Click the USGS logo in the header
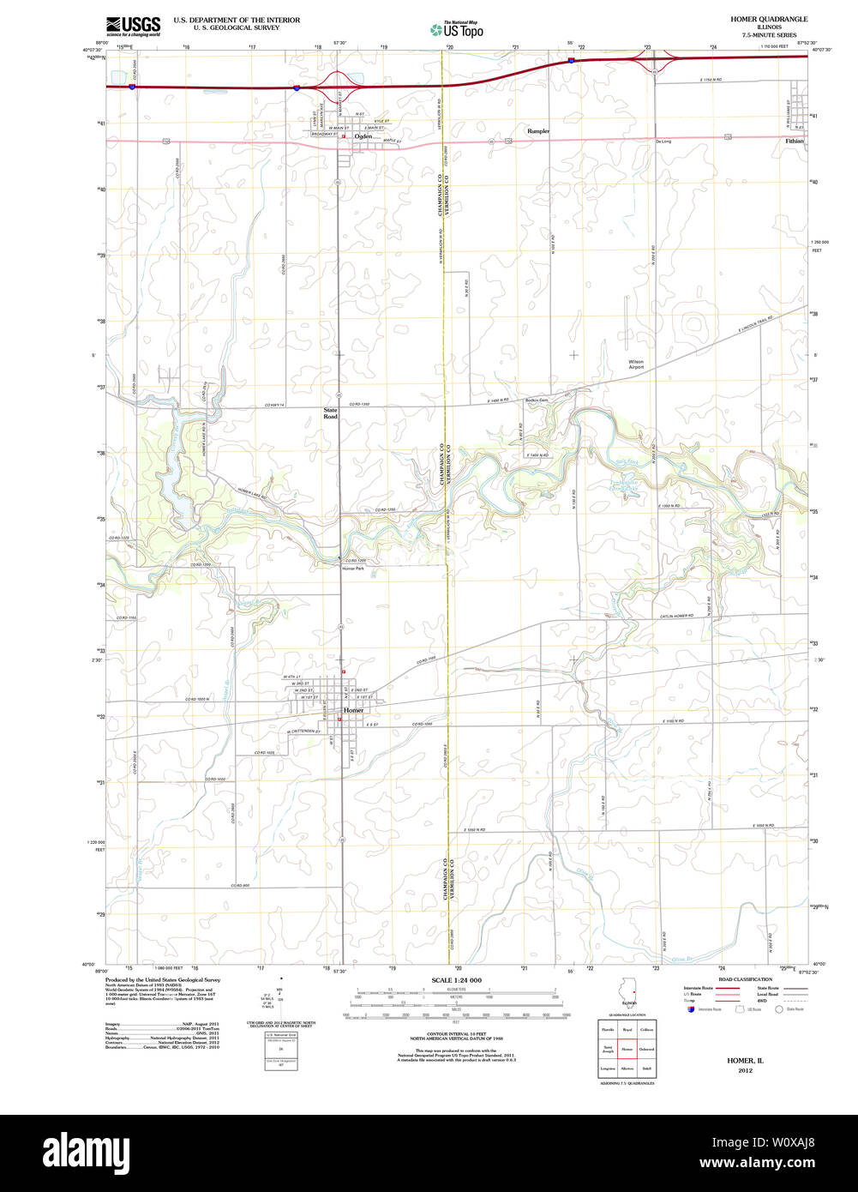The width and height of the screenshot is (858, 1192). pyautogui.click(x=133, y=25)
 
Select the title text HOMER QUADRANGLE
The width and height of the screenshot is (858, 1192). pyautogui.click(x=769, y=19)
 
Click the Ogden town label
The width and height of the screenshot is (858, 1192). pyautogui.click(x=363, y=135)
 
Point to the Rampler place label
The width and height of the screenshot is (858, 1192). pyautogui.click(x=538, y=131)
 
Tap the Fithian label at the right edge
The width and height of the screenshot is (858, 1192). pyautogui.click(x=795, y=141)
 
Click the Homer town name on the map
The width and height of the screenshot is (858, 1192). pyautogui.click(x=353, y=711)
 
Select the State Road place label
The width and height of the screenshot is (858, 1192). pyautogui.click(x=330, y=413)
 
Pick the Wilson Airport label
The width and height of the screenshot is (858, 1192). pyautogui.click(x=636, y=364)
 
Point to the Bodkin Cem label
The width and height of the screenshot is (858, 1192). pyautogui.click(x=537, y=400)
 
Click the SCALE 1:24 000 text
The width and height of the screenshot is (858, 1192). pyautogui.click(x=456, y=980)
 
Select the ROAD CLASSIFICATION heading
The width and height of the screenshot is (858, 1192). pyautogui.click(x=739, y=978)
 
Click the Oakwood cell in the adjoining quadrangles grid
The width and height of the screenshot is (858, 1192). pyautogui.click(x=646, y=1049)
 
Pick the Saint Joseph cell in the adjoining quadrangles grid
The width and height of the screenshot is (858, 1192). pyautogui.click(x=608, y=1049)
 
